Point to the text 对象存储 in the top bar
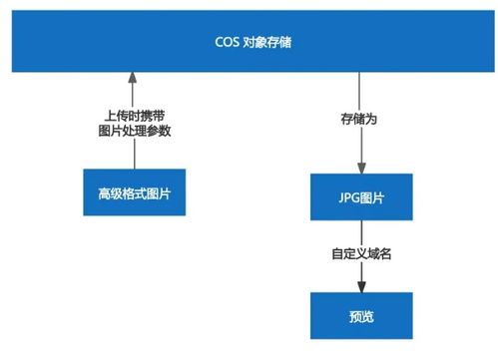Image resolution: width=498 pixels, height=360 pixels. coord(266,42)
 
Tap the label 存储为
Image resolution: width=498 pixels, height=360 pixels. coord(362,121)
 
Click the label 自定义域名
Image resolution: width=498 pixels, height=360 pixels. coord(362,255)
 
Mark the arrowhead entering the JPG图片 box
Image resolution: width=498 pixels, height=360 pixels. coord(362,169)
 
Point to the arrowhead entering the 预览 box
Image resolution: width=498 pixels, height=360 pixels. coord(362,287)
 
